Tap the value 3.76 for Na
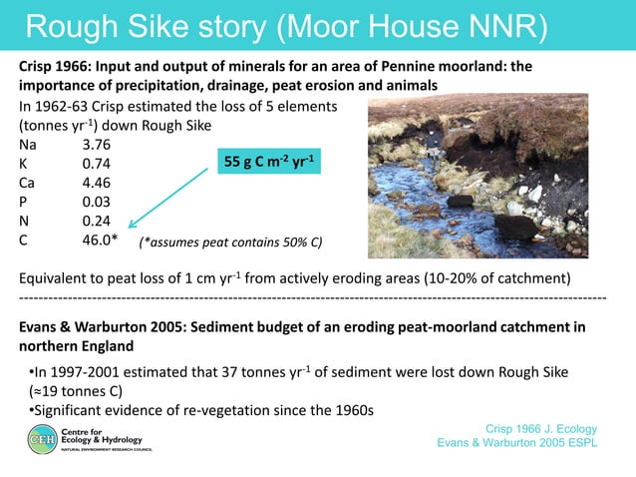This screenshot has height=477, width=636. point(98,145)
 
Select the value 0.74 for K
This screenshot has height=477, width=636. point(97,164)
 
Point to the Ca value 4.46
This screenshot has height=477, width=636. point(98,183)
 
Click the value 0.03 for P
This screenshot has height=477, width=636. point(97,202)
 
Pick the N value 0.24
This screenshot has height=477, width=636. point(97,221)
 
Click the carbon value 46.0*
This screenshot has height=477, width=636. point(101,239)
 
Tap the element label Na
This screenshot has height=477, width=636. point(29,145)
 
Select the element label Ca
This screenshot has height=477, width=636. point(29,183)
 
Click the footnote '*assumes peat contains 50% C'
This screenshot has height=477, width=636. point(231,241)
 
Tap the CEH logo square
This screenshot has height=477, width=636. point(43,438)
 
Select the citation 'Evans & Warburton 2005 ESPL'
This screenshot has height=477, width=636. point(517,444)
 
